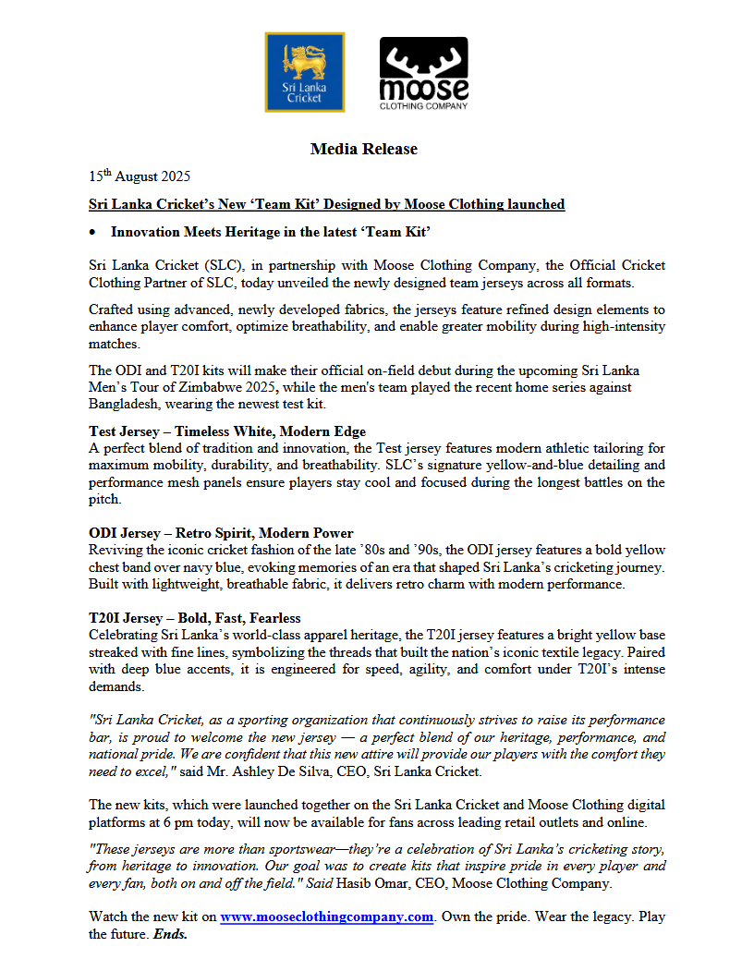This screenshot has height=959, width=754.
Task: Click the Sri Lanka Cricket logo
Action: click(x=304, y=72)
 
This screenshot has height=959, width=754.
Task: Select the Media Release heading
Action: click(x=363, y=149)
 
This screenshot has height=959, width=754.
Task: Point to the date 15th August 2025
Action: click(x=140, y=176)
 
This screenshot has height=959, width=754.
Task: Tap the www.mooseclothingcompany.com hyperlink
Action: click(x=327, y=917)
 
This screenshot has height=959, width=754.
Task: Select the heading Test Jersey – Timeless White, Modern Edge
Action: click(x=227, y=431)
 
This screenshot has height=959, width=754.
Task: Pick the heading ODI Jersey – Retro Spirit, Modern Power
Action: click(x=221, y=533)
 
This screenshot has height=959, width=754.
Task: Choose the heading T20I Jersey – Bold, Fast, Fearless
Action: click(x=195, y=618)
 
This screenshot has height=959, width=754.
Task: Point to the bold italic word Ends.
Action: click(x=170, y=934)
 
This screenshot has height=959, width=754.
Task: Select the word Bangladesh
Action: click(x=125, y=405)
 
